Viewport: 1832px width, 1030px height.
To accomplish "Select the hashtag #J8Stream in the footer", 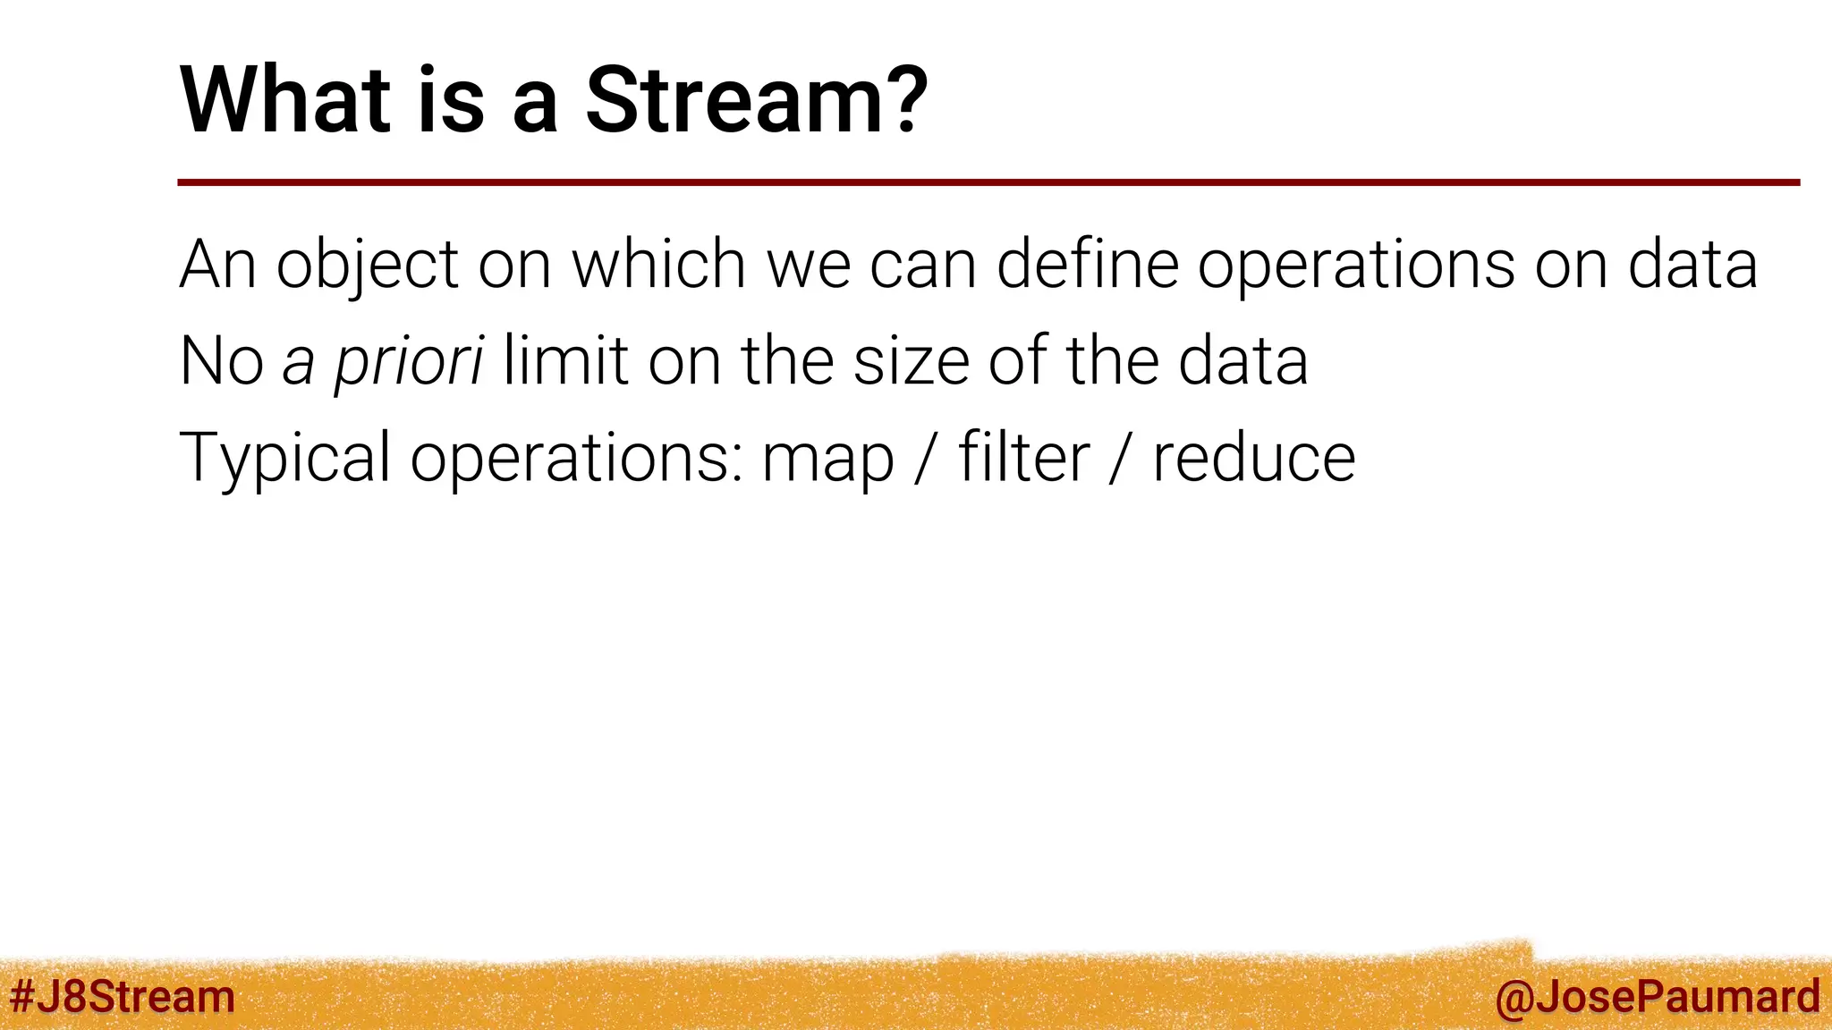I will pos(123,996).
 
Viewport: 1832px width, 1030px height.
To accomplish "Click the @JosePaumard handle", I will pos(1658,996).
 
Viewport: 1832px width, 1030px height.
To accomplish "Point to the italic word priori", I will pos(409,361).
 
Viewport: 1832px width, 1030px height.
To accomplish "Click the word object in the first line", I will pos(367,266).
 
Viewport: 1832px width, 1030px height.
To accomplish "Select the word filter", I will pos(1023,457).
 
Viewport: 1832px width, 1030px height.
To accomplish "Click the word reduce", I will pos(1253,457).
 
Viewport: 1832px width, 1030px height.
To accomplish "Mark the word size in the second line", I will pos(911,361).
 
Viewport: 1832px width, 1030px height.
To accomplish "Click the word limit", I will pos(565,360).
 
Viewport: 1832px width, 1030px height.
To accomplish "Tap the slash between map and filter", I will pos(926,459).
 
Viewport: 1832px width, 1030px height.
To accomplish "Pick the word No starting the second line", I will pos(221,361).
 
